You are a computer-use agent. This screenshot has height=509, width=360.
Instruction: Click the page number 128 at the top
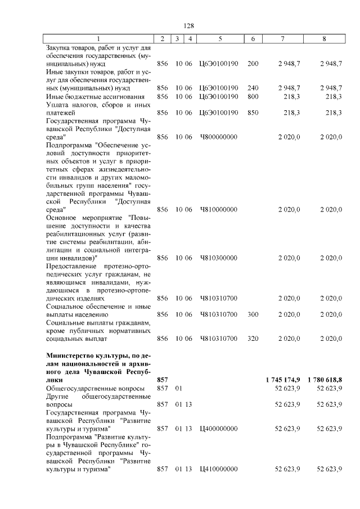[189, 26]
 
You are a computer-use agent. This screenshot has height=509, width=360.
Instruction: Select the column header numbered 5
[219, 39]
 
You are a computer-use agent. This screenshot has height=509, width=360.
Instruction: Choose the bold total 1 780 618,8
[325, 380]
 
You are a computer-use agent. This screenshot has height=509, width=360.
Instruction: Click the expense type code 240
[253, 88]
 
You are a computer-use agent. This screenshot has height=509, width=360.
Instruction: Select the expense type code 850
[253, 112]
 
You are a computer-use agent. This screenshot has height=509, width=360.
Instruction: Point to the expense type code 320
[253, 339]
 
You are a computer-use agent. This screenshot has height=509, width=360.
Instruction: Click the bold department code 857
[163, 380]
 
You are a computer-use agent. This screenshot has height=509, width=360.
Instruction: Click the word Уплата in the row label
[58, 105]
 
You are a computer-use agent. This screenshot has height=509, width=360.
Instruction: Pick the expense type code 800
[253, 96]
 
